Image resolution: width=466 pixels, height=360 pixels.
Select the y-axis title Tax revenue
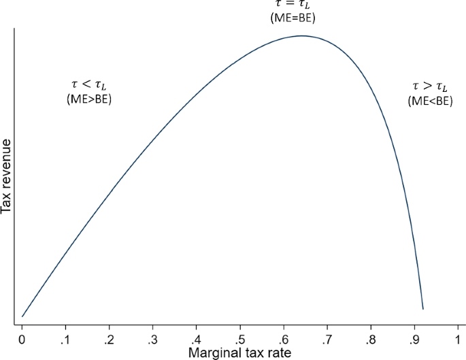[7, 176]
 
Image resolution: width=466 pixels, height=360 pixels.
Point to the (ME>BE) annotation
[88, 100]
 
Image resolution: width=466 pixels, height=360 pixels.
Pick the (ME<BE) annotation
[430, 101]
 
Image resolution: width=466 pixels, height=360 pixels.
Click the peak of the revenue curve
[300, 35]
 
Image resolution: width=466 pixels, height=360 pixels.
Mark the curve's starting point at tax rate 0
[22, 316]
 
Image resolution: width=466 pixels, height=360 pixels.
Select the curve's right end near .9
[423, 309]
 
